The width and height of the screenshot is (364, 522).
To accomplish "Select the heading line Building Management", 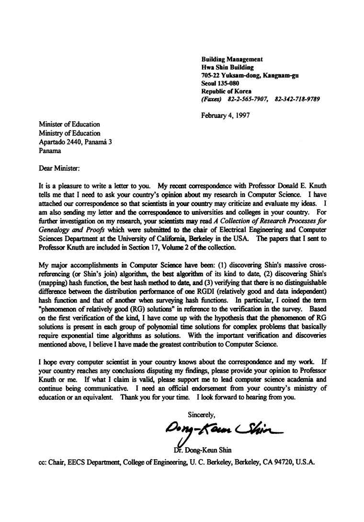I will pyautogui.click(x=232, y=59).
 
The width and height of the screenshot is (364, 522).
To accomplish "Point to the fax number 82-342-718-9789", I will pyautogui.click(x=297, y=99).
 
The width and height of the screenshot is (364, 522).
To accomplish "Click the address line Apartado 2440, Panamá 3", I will pyautogui.click(x=76, y=142).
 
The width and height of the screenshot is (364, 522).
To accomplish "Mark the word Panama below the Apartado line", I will pyautogui.click(x=50, y=151).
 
